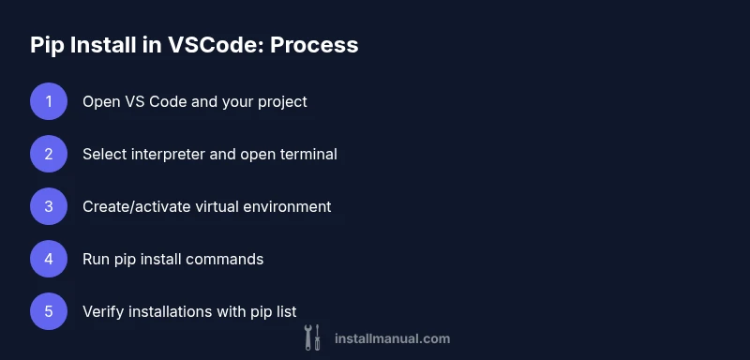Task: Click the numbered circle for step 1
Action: pos(49,101)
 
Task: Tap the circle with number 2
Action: pos(49,154)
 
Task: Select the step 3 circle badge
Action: pos(49,206)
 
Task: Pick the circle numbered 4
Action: pos(49,259)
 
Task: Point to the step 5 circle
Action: pos(49,311)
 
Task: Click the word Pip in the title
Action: pos(47,44)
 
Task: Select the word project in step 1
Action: pos(280,101)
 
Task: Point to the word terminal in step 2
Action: pos(307,154)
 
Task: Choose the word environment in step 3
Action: pos(285,206)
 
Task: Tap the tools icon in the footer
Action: pos(312,337)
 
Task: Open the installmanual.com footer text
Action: pos(392,338)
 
